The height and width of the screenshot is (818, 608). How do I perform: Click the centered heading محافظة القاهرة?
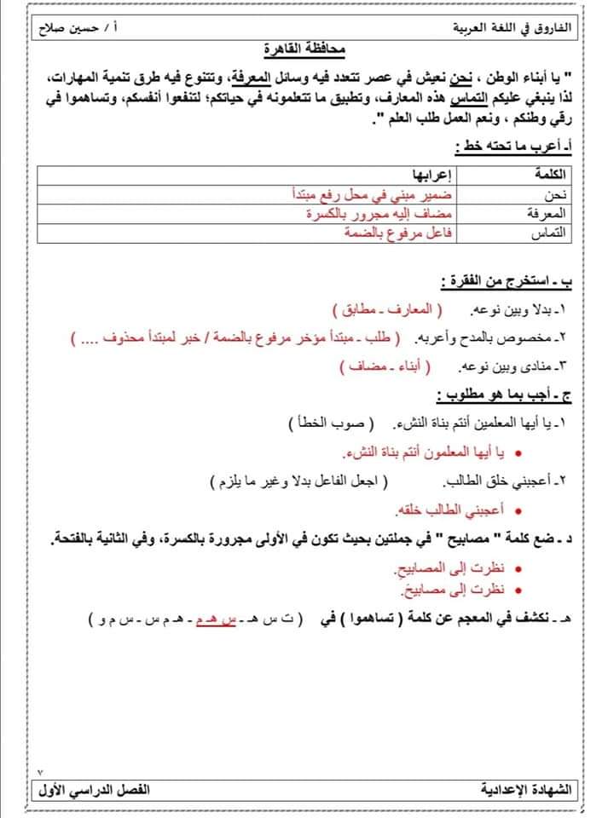point(304,50)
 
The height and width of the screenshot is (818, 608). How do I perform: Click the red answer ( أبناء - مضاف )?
point(386,367)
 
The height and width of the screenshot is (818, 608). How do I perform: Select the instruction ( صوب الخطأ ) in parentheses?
point(328,423)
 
